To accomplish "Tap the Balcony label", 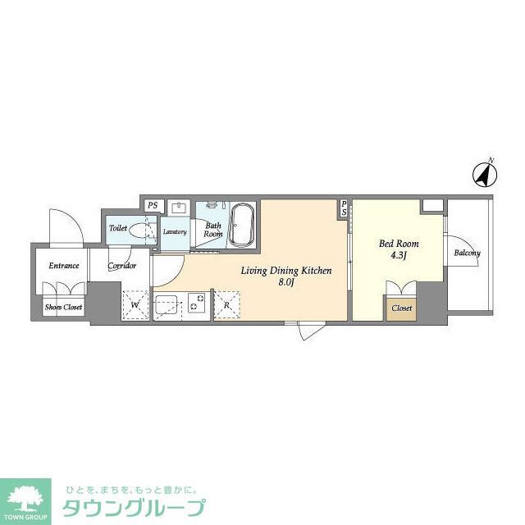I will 467,253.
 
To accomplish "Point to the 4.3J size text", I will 398,257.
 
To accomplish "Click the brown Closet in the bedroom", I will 401,308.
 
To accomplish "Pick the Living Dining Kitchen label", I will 285,271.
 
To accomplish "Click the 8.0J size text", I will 285,284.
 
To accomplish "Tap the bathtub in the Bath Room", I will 242,224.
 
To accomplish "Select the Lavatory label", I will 175,232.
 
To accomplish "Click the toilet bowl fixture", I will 140,231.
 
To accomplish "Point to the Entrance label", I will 63,265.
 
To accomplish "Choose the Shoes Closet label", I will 63,308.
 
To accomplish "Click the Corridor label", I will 121,266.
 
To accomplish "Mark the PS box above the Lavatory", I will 152,206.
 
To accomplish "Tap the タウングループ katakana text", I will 135,508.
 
